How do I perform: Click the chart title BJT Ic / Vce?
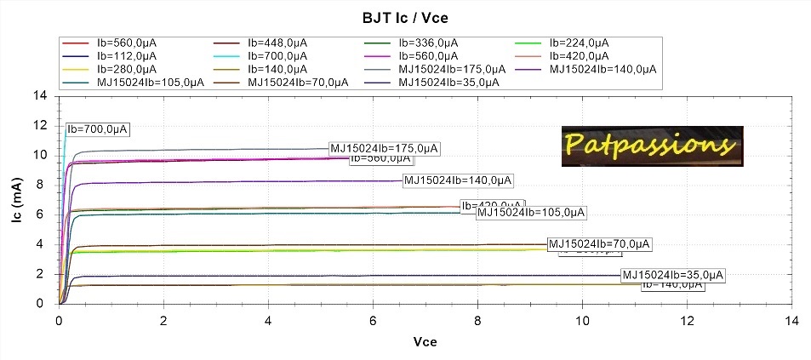405,16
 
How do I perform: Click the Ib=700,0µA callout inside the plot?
97,129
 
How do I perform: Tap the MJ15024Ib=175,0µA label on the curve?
384,148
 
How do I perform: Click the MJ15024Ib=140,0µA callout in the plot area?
459,180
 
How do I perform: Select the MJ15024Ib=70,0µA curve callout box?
598,244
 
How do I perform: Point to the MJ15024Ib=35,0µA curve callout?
673,275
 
